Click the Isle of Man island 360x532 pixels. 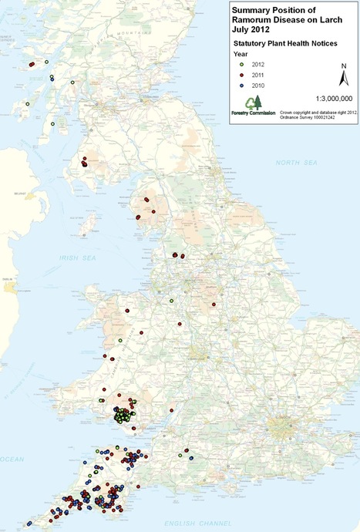[x=93, y=224]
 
